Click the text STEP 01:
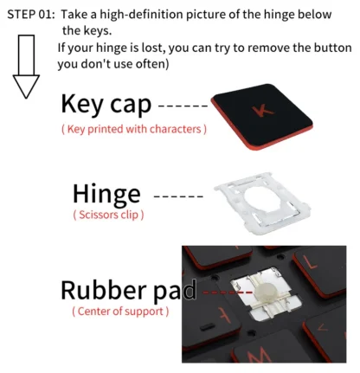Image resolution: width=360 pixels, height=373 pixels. coord(31,14)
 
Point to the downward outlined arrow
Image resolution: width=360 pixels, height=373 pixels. coord(26,67)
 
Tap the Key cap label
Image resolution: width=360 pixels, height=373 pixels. coord(106,104)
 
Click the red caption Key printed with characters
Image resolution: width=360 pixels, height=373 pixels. coord(134,129)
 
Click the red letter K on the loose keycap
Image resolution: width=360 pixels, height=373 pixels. coord(262,111)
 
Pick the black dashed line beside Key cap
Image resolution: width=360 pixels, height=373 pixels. coord(183,106)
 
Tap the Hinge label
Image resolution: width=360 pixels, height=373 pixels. coord(106,194)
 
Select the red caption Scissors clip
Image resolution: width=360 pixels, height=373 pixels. coord(108,215)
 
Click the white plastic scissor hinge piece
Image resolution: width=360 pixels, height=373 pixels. coord(262,203)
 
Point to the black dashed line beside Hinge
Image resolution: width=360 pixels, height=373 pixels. coord(178,196)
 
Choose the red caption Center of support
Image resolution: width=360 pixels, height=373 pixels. coord(120,312)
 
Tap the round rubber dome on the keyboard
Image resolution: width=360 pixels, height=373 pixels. coord(264,292)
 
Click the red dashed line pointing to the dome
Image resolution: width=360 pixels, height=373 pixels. coord(228,293)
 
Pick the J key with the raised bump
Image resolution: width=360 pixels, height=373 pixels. coord(212,314)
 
